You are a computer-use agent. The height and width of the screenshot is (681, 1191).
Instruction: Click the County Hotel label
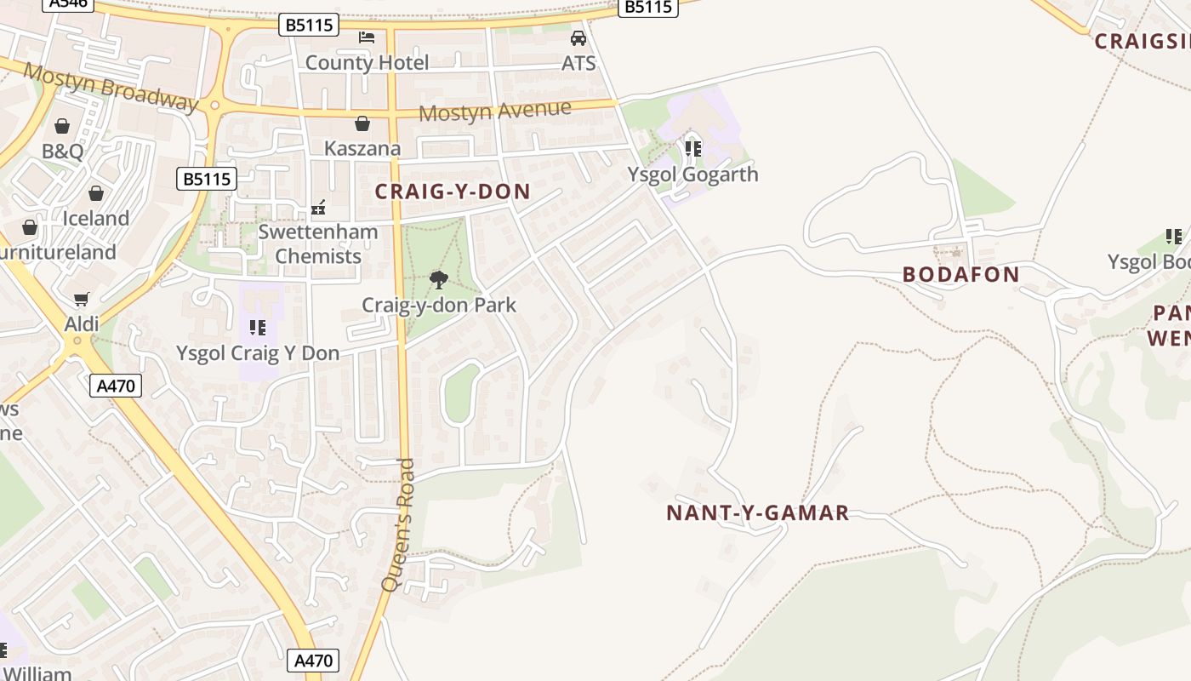point(367,62)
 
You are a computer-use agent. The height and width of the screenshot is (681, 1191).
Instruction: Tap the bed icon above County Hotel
point(367,37)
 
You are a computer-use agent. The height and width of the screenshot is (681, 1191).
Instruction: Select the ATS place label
point(578,63)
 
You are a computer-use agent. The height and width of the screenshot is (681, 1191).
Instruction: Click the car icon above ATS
point(578,38)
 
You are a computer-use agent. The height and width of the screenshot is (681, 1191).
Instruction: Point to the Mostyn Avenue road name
point(494,111)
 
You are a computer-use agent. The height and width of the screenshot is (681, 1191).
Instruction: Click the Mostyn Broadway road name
point(111,86)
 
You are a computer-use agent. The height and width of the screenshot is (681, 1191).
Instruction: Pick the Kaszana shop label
point(362,148)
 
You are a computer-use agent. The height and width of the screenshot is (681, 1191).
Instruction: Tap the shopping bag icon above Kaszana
point(362,123)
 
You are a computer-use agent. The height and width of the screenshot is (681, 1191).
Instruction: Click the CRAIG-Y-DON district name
point(453,192)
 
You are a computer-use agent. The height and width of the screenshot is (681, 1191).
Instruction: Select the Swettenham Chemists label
point(318,243)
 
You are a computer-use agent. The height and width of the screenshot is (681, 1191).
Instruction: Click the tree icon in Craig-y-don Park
point(439,279)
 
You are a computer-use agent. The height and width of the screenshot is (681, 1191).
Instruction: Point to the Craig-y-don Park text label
point(439,305)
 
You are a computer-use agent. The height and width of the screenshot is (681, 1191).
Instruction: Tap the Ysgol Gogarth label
point(692,174)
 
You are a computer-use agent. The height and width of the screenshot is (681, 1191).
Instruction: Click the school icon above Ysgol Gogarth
point(692,149)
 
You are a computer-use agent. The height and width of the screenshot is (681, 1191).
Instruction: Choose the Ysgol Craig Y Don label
point(258,352)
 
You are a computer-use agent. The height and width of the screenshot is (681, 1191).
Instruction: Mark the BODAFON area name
point(960,274)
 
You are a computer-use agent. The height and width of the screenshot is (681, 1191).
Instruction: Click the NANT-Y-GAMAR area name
point(757,512)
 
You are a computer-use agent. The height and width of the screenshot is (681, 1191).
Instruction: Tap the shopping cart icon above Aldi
point(82,299)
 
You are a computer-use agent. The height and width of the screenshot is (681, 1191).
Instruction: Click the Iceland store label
point(96,218)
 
